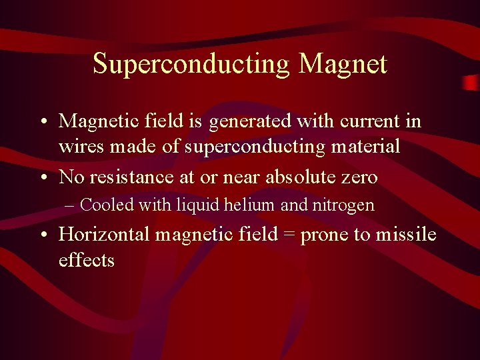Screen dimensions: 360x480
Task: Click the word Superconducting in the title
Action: point(192,65)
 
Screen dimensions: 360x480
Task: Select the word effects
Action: point(87,259)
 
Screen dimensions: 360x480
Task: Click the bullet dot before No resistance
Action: point(43,178)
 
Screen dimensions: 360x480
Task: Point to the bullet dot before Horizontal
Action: point(43,235)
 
